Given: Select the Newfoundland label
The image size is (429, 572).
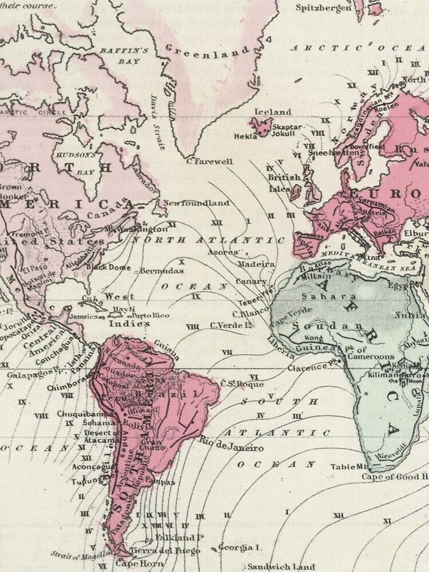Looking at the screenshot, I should tap(196, 203).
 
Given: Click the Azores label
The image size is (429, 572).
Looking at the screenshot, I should tap(223, 252).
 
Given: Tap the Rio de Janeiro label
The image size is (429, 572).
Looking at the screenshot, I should tap(231, 444).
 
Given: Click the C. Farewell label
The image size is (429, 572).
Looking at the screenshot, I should tap(210, 161).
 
